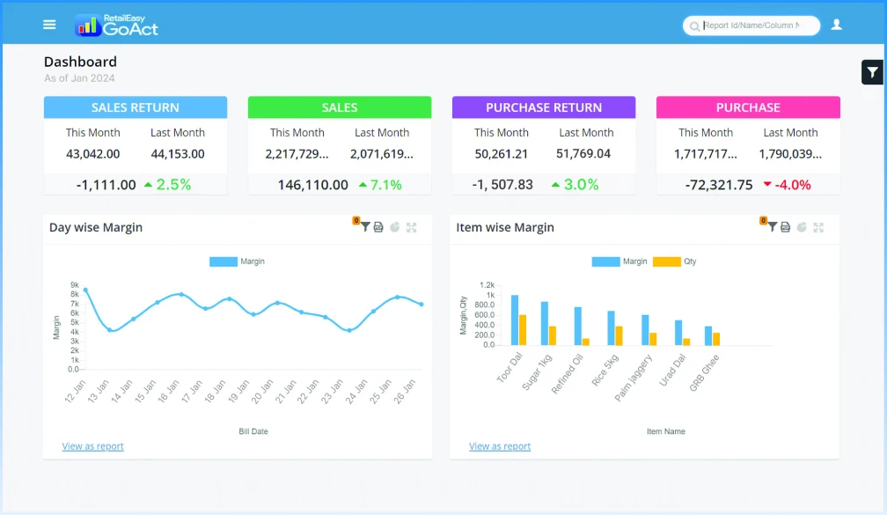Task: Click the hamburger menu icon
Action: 49,25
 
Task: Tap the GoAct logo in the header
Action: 117,26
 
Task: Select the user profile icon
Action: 836,25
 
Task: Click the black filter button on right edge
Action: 872,72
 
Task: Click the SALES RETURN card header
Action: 136,107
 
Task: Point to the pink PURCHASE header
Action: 748,107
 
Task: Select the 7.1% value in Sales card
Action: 385,185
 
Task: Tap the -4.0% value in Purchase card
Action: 793,185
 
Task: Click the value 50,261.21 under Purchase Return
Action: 501,154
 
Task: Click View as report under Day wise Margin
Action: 92,446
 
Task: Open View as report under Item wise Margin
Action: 500,446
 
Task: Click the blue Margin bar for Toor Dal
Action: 515,320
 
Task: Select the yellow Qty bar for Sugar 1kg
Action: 553,335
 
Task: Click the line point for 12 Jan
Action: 85,290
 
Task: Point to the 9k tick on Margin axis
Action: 75,285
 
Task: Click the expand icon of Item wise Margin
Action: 818,227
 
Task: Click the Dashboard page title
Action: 80,62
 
